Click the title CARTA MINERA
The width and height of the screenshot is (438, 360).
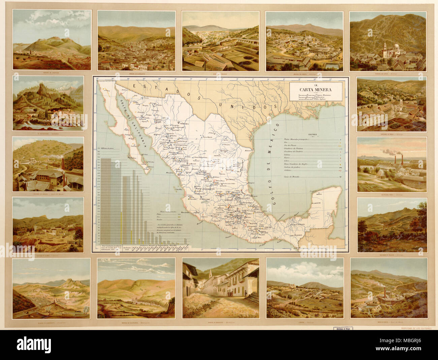(316, 90)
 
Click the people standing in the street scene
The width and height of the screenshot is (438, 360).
(230, 294)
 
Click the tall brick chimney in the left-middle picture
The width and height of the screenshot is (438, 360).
(63, 163)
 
